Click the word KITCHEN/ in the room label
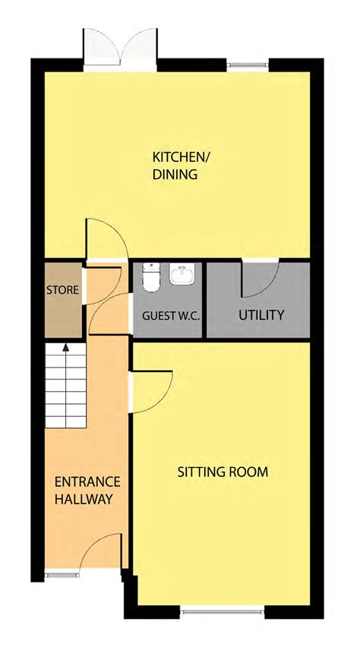coord(181,157)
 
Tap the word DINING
coord(175,175)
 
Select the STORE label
coord(62,290)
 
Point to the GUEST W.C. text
coord(171,314)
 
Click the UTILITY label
coord(261,314)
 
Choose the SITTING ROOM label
coord(223,472)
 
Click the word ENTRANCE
coord(87,482)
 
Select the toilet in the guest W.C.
coord(150,278)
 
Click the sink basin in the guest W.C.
coord(182,275)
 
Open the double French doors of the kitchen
coord(121,48)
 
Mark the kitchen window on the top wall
coord(248,65)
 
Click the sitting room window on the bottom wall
coord(222,609)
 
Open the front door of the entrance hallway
coord(101,553)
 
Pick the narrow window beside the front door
coord(62,575)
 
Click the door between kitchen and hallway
coord(105,238)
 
